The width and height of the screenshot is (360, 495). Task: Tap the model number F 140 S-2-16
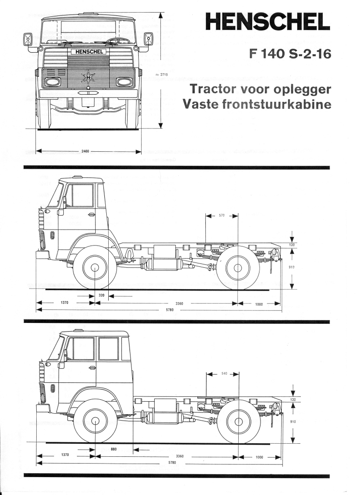[x=290, y=54]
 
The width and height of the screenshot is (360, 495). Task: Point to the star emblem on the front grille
[x=88, y=76]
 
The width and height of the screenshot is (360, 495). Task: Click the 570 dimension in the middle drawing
[x=222, y=216]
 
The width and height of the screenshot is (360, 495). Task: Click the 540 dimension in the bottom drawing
[x=224, y=374]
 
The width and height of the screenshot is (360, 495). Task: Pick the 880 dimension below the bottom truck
[x=114, y=449]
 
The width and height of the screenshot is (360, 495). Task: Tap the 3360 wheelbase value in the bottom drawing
[x=180, y=456]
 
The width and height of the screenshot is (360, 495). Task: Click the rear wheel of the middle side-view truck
[x=238, y=267]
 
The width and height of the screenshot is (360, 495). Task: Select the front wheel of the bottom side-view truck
[x=95, y=421]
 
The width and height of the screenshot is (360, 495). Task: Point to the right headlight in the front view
[x=124, y=82]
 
